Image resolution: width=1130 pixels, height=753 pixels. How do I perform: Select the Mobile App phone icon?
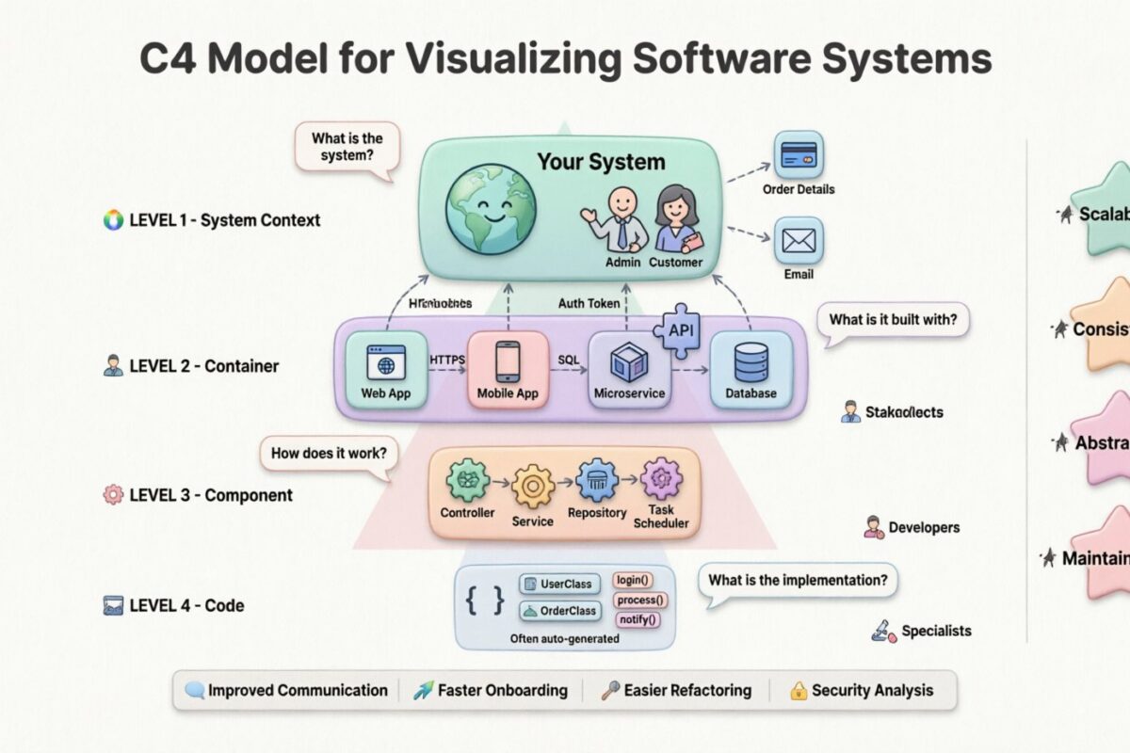[x=508, y=363]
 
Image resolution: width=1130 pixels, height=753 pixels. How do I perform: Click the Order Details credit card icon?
[x=799, y=155]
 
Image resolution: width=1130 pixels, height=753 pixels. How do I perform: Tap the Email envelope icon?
[x=799, y=241]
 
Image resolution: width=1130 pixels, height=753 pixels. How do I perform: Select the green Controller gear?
[x=467, y=483]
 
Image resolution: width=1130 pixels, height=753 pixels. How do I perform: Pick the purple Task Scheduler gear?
[x=661, y=479]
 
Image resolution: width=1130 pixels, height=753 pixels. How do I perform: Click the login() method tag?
[x=633, y=581]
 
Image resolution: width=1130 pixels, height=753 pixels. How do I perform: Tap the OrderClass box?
[x=559, y=611]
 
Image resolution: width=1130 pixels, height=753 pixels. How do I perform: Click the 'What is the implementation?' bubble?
[x=797, y=580]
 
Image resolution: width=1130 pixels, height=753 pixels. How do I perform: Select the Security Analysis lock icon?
[x=799, y=691]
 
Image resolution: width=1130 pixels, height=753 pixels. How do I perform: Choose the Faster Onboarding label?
[x=503, y=690]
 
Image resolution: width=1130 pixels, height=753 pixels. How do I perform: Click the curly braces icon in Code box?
[x=486, y=600]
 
